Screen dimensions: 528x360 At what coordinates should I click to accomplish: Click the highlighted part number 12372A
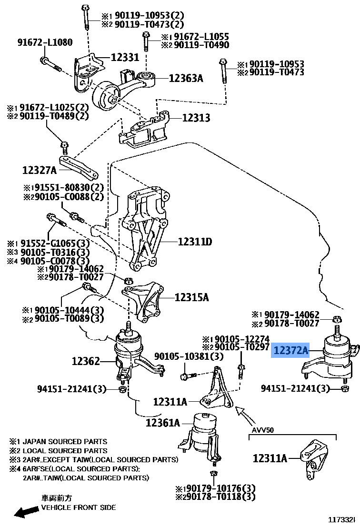291,351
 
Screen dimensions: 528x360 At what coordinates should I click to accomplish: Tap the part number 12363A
186,78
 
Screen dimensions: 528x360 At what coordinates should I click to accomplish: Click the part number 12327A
39,170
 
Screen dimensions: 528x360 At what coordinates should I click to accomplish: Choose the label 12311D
195,242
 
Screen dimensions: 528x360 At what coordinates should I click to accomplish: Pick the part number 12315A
191,298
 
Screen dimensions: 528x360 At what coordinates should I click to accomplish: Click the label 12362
86,361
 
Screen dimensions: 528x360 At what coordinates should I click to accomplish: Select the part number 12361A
163,423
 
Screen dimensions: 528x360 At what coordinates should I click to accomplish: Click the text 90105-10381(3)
182,356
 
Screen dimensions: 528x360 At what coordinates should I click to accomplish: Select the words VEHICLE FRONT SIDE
78,507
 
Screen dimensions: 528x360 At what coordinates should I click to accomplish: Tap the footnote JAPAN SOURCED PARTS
65,441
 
